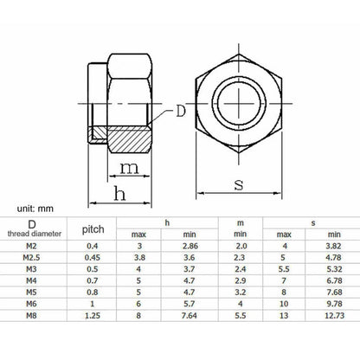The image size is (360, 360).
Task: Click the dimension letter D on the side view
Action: (179, 110)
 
